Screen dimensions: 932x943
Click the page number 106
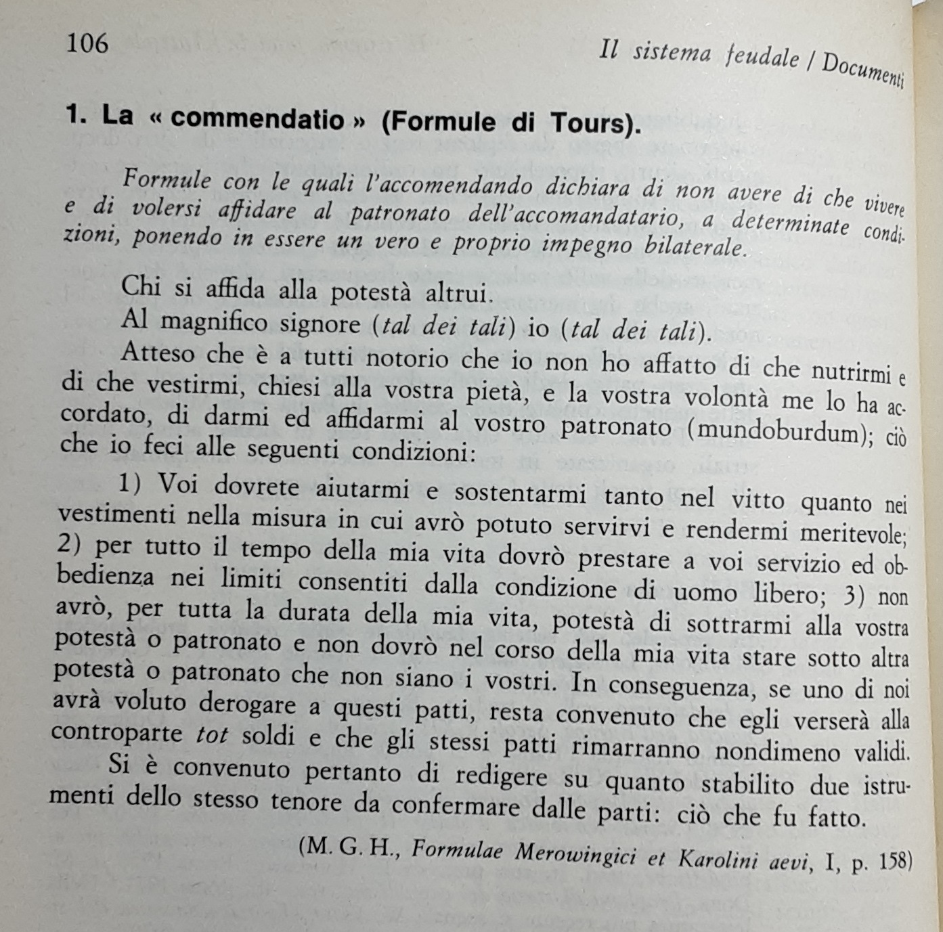(87, 44)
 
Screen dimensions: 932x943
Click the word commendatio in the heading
(257, 120)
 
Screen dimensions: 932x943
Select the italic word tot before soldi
(211, 736)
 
